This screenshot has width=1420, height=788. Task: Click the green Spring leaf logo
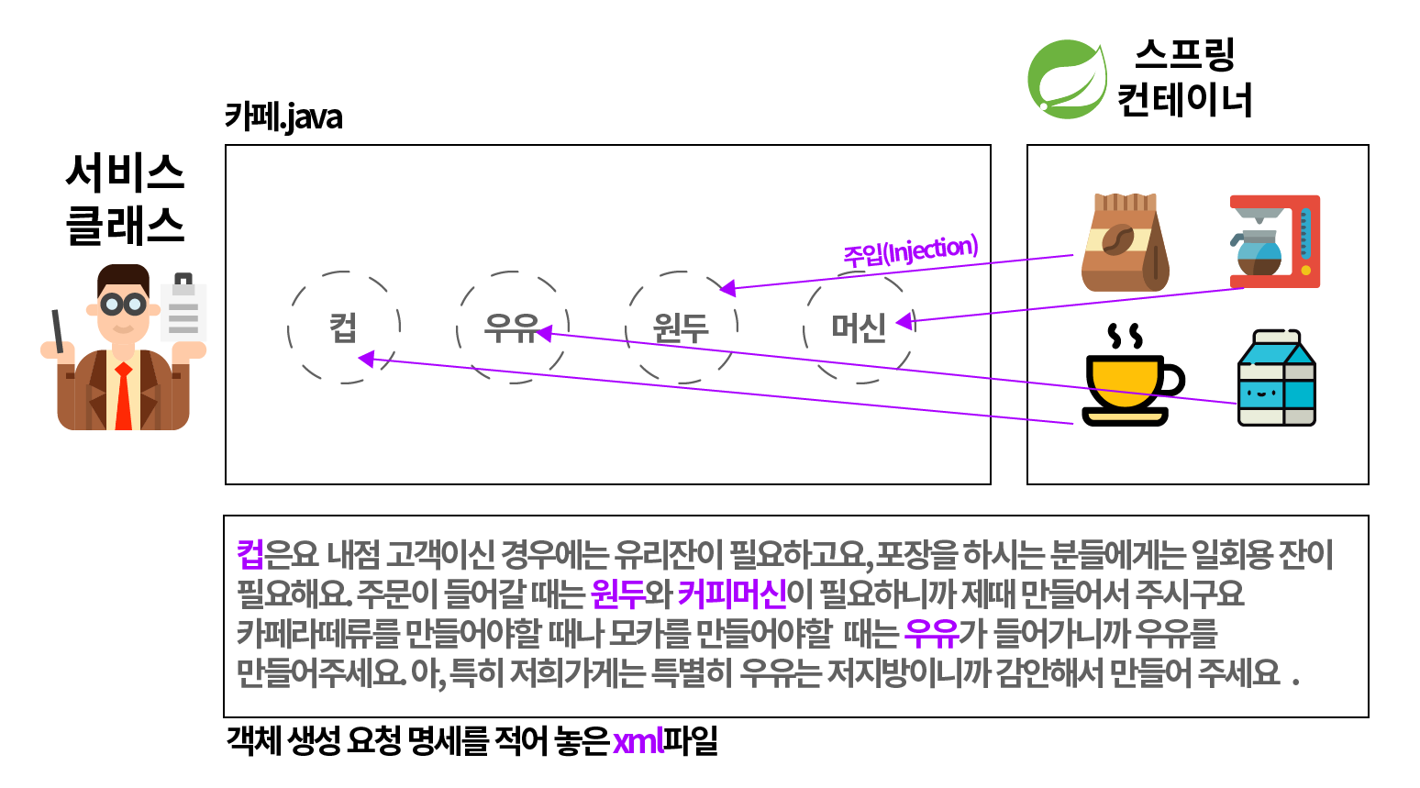click(x=1066, y=79)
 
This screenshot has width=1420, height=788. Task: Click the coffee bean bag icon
click(x=1125, y=243)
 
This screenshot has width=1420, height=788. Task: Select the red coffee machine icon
click(x=1275, y=240)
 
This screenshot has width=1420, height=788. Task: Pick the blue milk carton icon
click(x=1276, y=378)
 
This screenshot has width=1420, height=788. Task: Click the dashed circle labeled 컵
click(x=344, y=327)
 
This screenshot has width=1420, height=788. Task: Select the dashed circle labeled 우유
click(x=512, y=327)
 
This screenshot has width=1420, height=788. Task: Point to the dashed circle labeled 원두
click(x=681, y=327)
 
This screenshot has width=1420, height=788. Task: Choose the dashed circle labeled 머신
click(x=859, y=327)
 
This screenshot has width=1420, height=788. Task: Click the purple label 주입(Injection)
click(x=910, y=250)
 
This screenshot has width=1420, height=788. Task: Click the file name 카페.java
click(x=283, y=117)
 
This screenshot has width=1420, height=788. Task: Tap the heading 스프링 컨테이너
click(x=1184, y=77)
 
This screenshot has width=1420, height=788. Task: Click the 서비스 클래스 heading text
click(x=125, y=198)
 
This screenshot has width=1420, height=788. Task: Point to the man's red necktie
click(x=123, y=396)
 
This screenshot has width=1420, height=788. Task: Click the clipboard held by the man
click(x=183, y=310)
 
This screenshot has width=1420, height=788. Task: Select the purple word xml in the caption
click(x=638, y=741)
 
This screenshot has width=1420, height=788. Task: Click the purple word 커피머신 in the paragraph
click(x=731, y=594)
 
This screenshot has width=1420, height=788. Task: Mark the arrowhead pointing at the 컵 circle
click(x=366, y=359)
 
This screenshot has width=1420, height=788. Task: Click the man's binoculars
click(x=123, y=304)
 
